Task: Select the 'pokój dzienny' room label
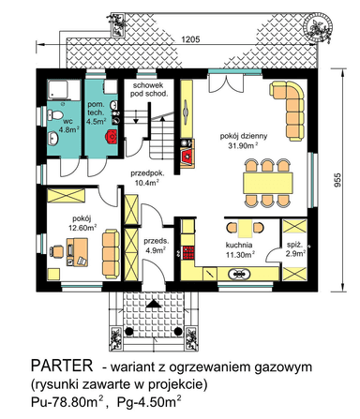click(246, 135)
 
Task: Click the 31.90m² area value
click(247, 146)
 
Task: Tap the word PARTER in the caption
click(62, 364)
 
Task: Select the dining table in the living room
click(269, 178)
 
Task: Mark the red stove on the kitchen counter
click(187, 251)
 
